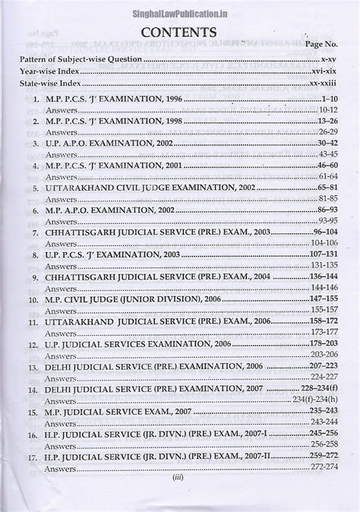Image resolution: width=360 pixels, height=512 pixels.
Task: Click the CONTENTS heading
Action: click(x=179, y=33)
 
